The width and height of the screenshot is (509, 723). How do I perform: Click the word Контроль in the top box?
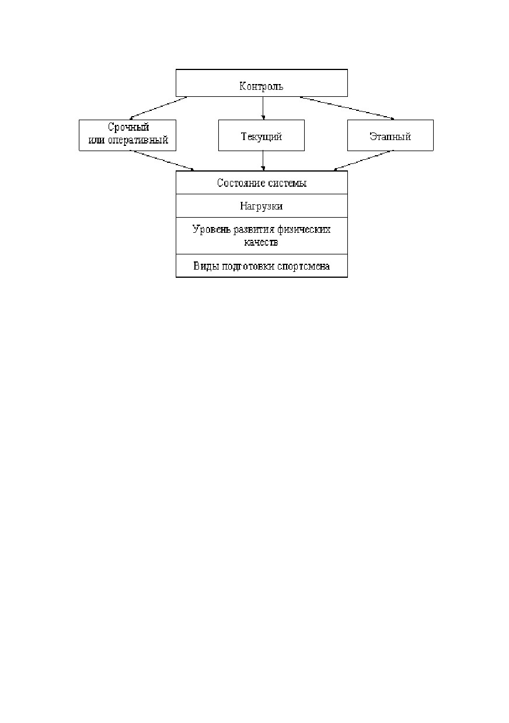262,86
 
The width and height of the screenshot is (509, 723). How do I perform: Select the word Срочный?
128,127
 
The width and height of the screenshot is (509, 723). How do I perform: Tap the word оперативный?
138,140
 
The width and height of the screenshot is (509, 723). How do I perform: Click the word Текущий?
262,136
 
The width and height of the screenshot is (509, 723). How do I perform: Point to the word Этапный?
390,136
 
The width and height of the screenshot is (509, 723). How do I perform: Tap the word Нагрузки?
262,206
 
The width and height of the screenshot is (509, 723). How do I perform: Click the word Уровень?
211,229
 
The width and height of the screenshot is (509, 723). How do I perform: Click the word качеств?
261,242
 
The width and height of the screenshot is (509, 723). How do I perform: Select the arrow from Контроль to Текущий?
263,108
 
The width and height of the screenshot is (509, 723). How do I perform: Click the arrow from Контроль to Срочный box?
158,108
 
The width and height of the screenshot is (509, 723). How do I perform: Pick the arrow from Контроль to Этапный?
347,108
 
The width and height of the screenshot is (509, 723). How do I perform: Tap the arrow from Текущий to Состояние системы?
263,160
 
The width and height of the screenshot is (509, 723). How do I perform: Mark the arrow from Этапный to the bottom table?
363,160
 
